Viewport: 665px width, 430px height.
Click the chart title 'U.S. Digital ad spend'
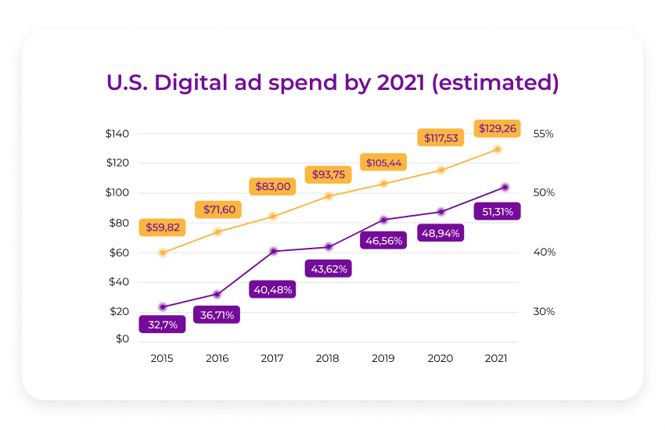click(332, 83)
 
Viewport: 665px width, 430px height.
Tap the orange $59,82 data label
click(162, 228)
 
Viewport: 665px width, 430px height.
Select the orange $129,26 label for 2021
click(498, 128)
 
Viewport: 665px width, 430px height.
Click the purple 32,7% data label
click(162, 324)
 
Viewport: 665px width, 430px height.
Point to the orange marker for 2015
click(163, 253)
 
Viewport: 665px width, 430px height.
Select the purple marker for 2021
click(505, 187)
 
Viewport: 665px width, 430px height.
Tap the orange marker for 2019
click(383, 183)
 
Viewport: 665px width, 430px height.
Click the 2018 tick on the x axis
click(329, 358)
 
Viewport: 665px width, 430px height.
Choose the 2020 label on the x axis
click(440, 358)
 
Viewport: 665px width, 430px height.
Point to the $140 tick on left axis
click(117, 134)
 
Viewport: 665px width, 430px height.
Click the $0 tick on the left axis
click(122, 339)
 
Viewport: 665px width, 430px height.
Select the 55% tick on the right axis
click(543, 134)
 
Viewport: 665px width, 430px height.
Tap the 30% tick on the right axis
click(543, 311)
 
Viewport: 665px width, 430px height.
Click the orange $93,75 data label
click(328, 174)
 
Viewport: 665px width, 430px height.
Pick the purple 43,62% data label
click(328, 268)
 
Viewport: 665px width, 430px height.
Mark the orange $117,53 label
click(441, 138)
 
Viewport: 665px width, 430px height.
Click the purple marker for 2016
click(217, 294)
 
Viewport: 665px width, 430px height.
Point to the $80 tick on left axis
click(118, 223)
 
